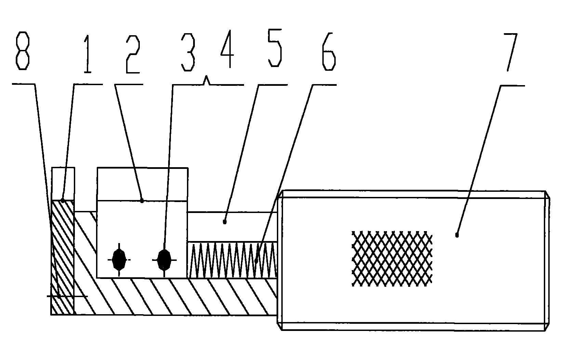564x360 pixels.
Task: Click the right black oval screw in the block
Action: click(x=164, y=260)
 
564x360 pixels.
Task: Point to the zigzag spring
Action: click(x=232, y=260)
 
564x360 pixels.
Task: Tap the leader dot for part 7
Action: click(x=457, y=235)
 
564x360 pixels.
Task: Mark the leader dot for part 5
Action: click(x=225, y=222)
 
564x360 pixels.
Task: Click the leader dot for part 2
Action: click(x=142, y=201)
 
